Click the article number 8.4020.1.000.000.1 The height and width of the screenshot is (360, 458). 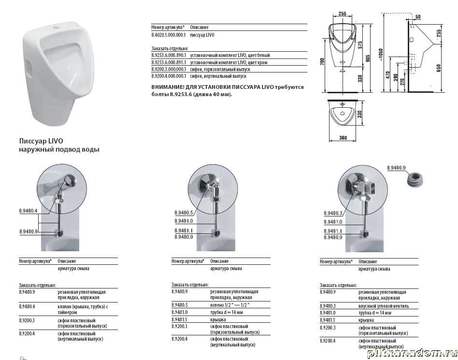(169, 35)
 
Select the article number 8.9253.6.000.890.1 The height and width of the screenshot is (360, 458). (169, 55)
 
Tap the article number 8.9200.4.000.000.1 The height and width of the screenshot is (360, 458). (169, 76)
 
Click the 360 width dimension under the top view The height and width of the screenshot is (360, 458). (343, 138)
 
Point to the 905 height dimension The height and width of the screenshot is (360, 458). (368, 58)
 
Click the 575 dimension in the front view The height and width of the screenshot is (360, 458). (360, 45)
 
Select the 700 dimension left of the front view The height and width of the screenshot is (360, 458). (322, 61)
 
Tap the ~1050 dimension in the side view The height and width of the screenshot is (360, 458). (388, 55)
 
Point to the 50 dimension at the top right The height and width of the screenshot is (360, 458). (418, 16)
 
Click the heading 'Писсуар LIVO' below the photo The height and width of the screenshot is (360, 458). (41, 141)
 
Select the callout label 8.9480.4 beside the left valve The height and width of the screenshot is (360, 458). (29, 210)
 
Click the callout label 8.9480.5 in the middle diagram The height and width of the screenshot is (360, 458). (184, 213)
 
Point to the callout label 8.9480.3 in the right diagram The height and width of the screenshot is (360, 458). (333, 213)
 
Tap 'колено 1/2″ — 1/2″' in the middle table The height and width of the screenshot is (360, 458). (230, 305)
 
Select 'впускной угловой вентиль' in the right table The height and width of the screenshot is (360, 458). (384, 306)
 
